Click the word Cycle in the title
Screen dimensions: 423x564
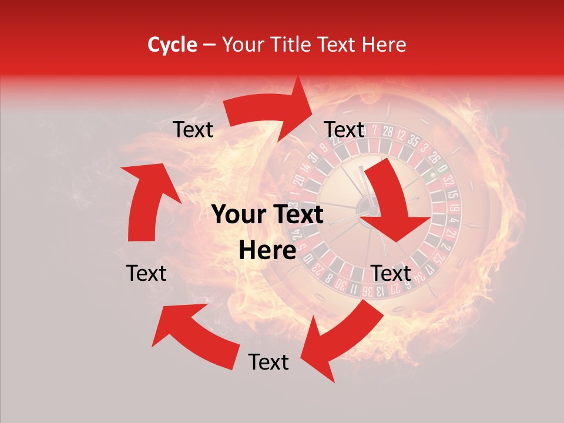pyautogui.click(x=172, y=45)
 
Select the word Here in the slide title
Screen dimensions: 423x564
pyautogui.click(x=384, y=45)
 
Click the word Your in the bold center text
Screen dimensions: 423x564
pyautogui.click(x=237, y=215)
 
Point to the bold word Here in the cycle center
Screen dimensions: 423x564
pyautogui.click(x=267, y=251)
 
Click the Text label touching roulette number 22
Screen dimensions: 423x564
pyautogui.click(x=344, y=129)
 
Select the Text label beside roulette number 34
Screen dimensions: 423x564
pyautogui.click(x=391, y=273)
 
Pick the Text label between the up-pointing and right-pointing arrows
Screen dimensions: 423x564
pyautogui.click(x=193, y=130)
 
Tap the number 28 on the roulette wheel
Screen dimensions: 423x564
pyautogui.click(x=387, y=132)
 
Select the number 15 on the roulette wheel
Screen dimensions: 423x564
pyautogui.click(x=452, y=194)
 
